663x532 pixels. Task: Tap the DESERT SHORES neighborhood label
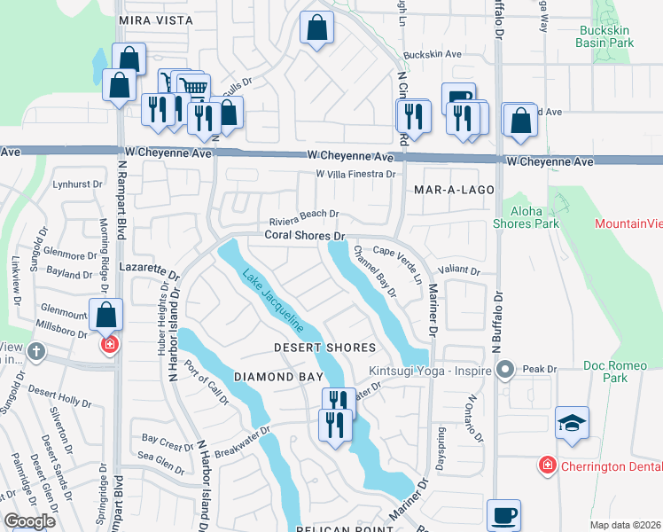point(324,348)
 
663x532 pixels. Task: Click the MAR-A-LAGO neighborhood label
point(452,191)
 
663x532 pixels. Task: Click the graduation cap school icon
point(572,424)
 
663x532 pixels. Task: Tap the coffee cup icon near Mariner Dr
point(503,515)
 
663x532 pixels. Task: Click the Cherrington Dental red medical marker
point(548,465)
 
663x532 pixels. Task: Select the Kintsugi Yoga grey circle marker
point(506,368)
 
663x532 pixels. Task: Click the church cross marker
point(35,351)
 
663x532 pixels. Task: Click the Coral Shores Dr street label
point(304,236)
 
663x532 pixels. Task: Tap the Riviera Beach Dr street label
point(305,214)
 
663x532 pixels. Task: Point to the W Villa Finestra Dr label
point(355,175)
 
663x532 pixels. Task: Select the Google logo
point(30,521)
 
